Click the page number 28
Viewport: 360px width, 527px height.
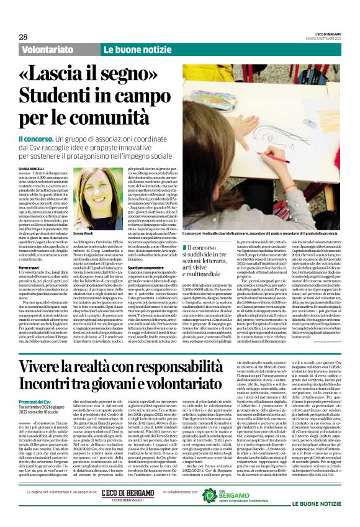(x=23, y=37)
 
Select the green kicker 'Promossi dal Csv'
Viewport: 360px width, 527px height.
(x=38, y=384)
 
